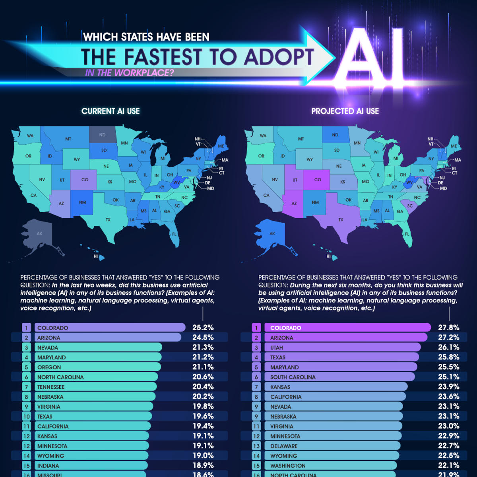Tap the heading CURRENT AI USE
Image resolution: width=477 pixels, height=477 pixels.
click(111, 111)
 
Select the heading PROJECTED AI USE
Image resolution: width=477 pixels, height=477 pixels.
click(345, 111)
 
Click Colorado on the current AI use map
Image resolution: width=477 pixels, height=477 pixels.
click(84, 180)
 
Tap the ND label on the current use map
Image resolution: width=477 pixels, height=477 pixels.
click(102, 135)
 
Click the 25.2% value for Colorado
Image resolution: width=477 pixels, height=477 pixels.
click(203, 328)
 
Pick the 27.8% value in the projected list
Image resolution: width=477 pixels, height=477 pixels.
click(448, 328)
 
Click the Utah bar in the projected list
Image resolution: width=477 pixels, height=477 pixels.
click(342, 347)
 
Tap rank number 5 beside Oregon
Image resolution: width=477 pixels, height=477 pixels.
click(27, 367)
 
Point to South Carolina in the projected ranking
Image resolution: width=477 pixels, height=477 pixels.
click(293, 377)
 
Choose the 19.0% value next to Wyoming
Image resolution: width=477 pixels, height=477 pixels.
click(203, 456)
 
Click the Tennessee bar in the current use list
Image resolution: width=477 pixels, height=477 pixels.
click(95, 387)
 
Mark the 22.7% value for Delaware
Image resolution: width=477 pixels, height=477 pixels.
click(448, 446)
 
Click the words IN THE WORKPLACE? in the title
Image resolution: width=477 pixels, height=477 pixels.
click(129, 73)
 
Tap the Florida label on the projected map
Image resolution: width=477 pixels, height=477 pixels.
click(407, 234)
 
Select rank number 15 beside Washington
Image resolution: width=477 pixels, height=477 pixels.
click(256, 465)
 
